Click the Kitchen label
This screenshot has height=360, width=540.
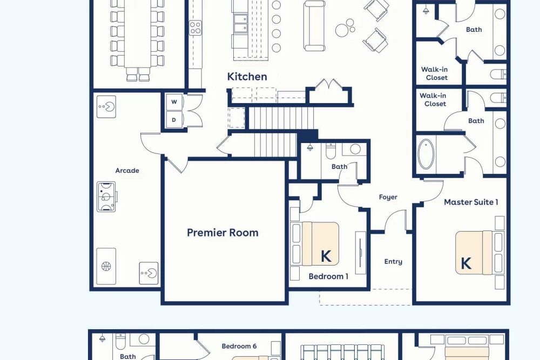pyautogui.click(x=247, y=77)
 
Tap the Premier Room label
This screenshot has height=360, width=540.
pyautogui.click(x=222, y=233)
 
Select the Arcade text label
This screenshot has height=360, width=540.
pyautogui.click(x=127, y=171)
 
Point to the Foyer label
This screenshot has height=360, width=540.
pyautogui.click(x=388, y=197)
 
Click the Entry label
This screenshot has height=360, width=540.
pyautogui.click(x=393, y=262)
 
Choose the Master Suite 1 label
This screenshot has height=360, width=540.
pyautogui.click(x=471, y=202)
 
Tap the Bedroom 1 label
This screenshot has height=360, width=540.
pyautogui.click(x=328, y=276)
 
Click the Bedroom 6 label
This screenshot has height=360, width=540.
pyautogui.click(x=239, y=346)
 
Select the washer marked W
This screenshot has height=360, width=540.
pyautogui.click(x=174, y=102)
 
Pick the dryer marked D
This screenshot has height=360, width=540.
pyautogui.click(x=174, y=120)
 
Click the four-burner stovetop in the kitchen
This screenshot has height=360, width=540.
pyautogui.click(x=195, y=28)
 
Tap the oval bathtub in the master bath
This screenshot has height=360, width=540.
pyautogui.click(x=426, y=154)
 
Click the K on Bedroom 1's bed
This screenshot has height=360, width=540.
pyautogui.click(x=326, y=256)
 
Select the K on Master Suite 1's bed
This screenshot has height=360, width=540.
pyautogui.click(x=465, y=263)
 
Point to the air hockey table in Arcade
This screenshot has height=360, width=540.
pyautogui.click(x=106, y=196)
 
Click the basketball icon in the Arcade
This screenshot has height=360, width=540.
pyautogui.click(x=106, y=266)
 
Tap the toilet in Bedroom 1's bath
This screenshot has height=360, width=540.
pyautogui.click(x=330, y=151)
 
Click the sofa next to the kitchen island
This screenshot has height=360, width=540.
pyautogui.click(x=314, y=26)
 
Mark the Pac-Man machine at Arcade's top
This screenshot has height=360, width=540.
pyautogui.click(x=106, y=107)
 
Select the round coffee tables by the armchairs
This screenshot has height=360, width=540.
pyautogui.click(x=345, y=28)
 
